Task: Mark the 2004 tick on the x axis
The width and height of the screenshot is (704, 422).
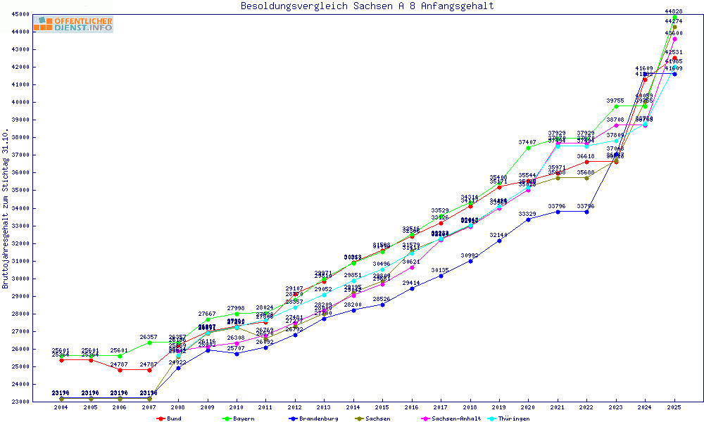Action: [x=61, y=407]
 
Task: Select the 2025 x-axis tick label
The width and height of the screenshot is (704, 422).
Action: [x=674, y=407]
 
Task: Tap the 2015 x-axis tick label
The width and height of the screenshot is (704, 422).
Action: [x=382, y=407]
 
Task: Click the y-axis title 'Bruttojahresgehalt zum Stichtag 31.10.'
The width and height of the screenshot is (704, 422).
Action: [x=6, y=209]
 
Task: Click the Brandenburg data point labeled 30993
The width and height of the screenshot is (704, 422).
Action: [x=470, y=261]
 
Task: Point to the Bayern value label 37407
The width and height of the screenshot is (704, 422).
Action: [x=528, y=142]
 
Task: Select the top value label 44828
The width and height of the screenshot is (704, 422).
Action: [x=674, y=11]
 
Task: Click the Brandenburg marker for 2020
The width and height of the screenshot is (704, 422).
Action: [x=528, y=219]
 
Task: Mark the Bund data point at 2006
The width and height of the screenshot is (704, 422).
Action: [x=120, y=370]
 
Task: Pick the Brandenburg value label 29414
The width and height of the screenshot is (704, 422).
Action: [x=412, y=283]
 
